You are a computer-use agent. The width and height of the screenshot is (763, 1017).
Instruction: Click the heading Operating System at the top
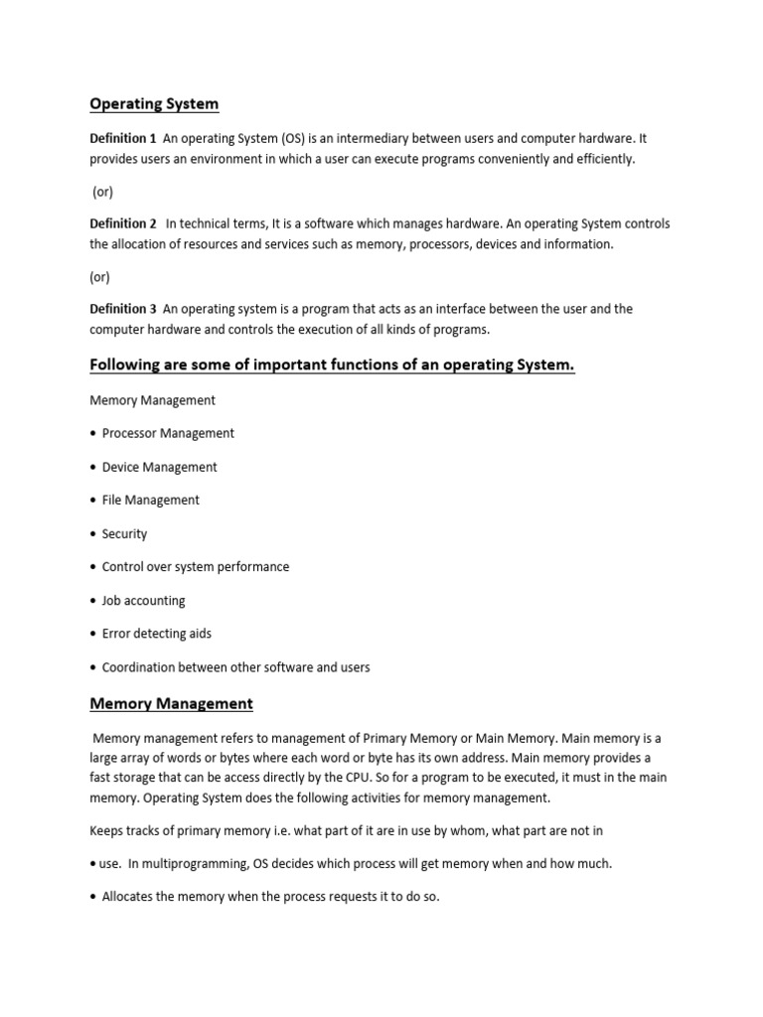(x=154, y=103)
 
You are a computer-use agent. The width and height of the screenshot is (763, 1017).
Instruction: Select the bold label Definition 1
(x=123, y=138)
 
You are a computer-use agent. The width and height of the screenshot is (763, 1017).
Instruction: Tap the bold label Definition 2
(x=123, y=223)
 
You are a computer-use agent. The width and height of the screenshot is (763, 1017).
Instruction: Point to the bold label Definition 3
(x=123, y=309)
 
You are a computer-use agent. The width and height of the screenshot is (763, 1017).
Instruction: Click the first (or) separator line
(x=102, y=191)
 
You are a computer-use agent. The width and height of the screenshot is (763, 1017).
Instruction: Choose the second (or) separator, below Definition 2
(x=99, y=276)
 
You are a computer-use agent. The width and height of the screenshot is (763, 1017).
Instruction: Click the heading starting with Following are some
(x=332, y=365)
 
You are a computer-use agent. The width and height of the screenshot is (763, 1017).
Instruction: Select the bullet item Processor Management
(x=168, y=433)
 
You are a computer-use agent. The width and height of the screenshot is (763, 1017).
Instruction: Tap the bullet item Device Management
(x=159, y=467)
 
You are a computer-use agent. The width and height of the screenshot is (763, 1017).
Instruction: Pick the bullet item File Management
(x=150, y=500)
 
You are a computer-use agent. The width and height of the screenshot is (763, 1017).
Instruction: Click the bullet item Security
(x=124, y=533)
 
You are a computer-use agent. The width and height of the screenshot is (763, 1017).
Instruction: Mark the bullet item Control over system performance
(x=196, y=566)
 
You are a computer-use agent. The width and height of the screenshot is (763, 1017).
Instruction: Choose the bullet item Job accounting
(x=143, y=600)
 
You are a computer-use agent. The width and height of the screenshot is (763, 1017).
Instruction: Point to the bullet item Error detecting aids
(x=156, y=633)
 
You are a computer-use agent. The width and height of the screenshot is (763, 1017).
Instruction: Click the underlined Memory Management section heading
(x=171, y=703)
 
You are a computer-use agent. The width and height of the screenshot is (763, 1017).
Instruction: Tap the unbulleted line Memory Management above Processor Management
(x=152, y=400)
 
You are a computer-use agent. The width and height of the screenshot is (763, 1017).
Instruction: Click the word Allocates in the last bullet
(x=130, y=897)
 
